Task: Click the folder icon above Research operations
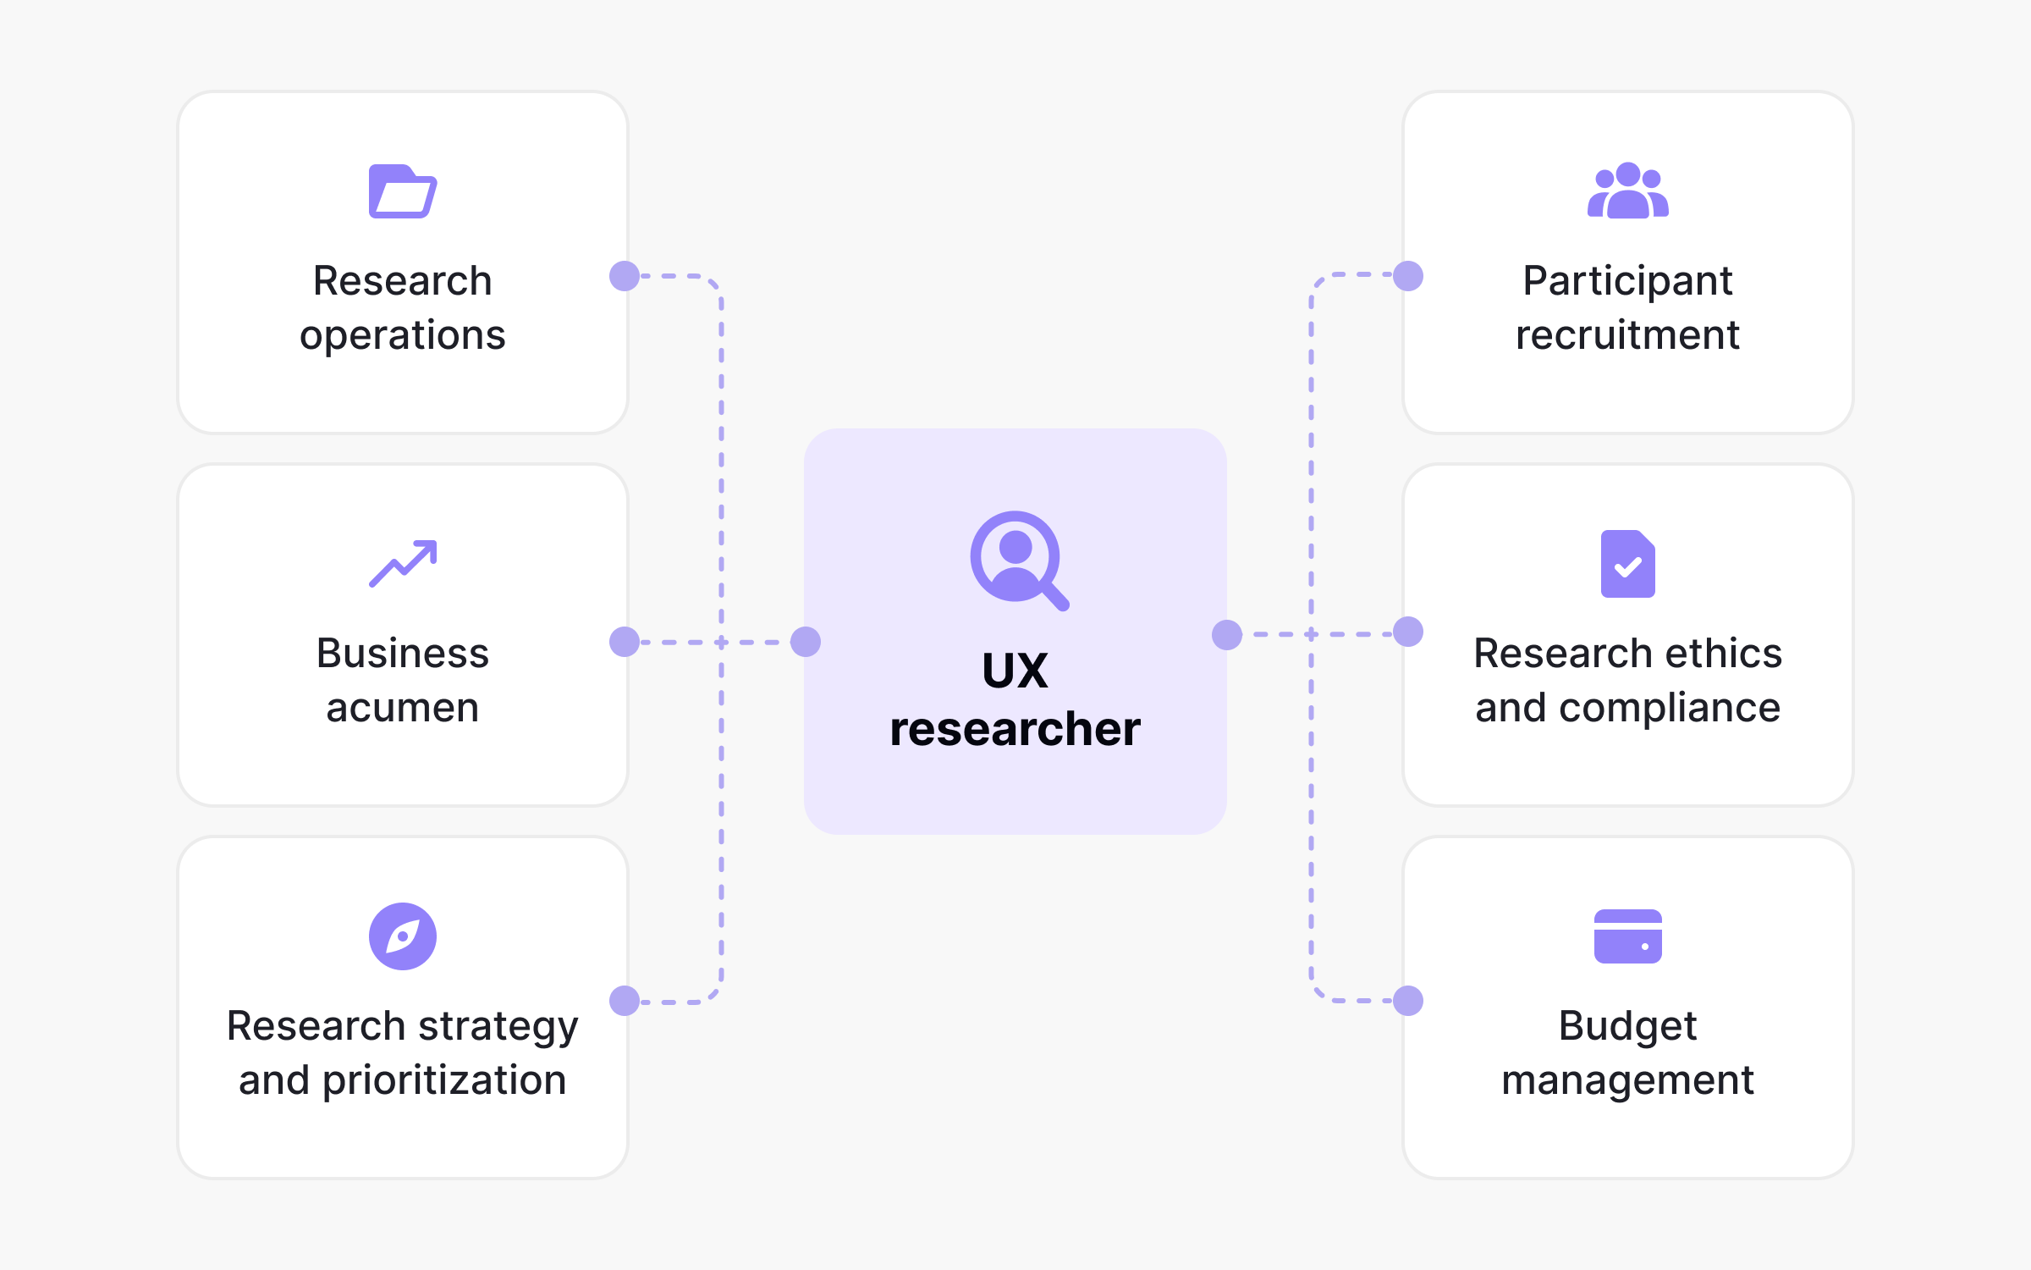coord(403,191)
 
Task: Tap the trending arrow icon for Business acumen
coord(403,563)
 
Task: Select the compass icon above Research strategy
coord(403,936)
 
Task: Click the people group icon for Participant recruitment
coord(1627,190)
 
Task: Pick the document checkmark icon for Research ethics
coord(1627,564)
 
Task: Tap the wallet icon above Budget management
coord(1627,936)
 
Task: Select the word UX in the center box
coord(1015,671)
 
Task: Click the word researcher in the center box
coord(1015,729)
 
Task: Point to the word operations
coord(403,335)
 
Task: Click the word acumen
coord(403,708)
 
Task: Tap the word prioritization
coord(444,1080)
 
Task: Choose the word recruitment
coord(1627,335)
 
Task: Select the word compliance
coord(1669,708)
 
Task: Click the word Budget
coord(1627,1026)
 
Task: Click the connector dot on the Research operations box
coord(625,276)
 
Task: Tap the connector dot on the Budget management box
coord(1408,1001)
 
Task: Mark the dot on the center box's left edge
coord(806,642)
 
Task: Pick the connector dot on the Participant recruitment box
coord(1408,276)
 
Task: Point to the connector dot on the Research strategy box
coord(625,1001)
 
